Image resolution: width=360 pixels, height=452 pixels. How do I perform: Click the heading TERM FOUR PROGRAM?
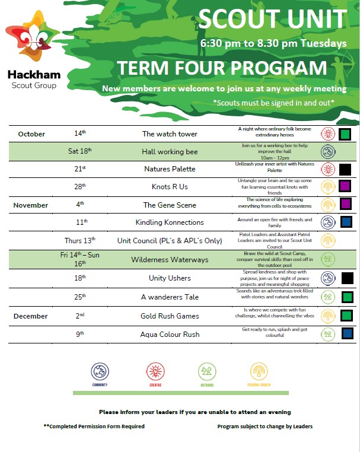click(x=222, y=68)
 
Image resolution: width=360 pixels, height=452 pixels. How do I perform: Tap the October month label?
click(x=31, y=134)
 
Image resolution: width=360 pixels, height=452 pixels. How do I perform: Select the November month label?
click(x=31, y=205)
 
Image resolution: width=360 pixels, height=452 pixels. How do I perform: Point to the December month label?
click(x=31, y=316)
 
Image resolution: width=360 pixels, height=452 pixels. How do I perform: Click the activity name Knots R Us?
click(x=170, y=187)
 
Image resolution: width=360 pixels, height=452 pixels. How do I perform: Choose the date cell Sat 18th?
click(x=81, y=151)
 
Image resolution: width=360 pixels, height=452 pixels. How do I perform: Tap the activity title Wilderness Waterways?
click(x=170, y=259)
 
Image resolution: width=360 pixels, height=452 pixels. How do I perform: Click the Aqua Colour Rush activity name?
click(x=170, y=335)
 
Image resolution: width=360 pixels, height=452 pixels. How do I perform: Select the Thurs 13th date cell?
click(x=79, y=241)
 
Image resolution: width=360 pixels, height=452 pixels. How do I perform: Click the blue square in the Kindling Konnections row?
click(x=346, y=222)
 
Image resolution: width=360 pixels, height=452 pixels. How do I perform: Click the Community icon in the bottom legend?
click(x=100, y=372)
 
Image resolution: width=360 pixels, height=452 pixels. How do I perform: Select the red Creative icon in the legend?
click(x=155, y=372)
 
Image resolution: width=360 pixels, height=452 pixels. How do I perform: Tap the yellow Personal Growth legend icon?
click(x=259, y=372)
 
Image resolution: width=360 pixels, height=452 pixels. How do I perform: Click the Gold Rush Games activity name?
click(x=170, y=316)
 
